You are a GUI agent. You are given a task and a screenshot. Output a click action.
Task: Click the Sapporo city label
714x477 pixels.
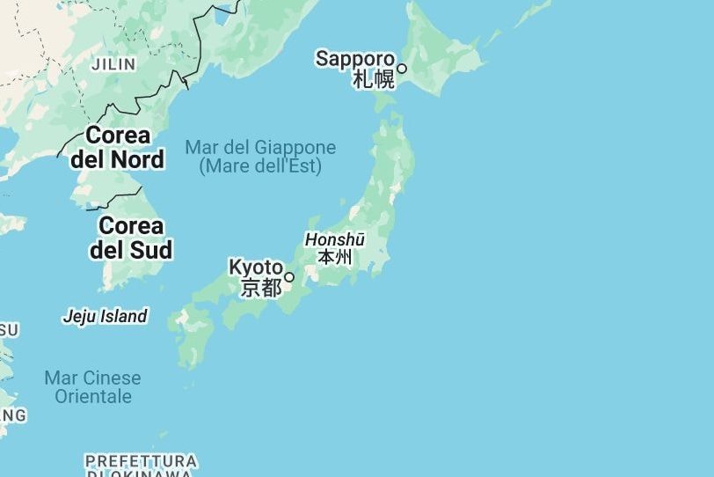click(355, 59)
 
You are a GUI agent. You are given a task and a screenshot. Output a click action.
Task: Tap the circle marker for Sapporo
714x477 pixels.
click(402, 68)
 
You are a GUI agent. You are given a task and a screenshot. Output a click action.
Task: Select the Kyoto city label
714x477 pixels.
click(256, 267)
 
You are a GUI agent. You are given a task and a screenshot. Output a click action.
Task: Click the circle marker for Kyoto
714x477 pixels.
click(289, 277)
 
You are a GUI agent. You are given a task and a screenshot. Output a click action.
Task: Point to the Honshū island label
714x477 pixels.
click(334, 239)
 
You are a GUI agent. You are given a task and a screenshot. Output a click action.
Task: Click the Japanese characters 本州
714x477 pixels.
click(334, 257)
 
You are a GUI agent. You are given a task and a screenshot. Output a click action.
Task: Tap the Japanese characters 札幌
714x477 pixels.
click(374, 79)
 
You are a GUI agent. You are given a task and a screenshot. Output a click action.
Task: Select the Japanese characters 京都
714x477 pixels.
click(261, 287)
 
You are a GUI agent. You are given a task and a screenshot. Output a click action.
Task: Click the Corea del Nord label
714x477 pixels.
click(118, 147)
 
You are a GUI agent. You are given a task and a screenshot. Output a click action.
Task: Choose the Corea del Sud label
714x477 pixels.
click(131, 237)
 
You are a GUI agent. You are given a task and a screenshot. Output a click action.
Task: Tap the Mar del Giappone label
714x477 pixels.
click(260, 147)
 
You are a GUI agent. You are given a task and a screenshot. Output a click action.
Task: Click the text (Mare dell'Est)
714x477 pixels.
click(260, 165)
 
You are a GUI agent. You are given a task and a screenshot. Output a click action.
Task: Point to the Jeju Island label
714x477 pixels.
click(105, 316)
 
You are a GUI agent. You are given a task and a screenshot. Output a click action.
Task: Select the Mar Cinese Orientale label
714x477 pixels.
click(92, 387)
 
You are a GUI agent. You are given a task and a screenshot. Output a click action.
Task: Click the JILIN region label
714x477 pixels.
click(113, 64)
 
